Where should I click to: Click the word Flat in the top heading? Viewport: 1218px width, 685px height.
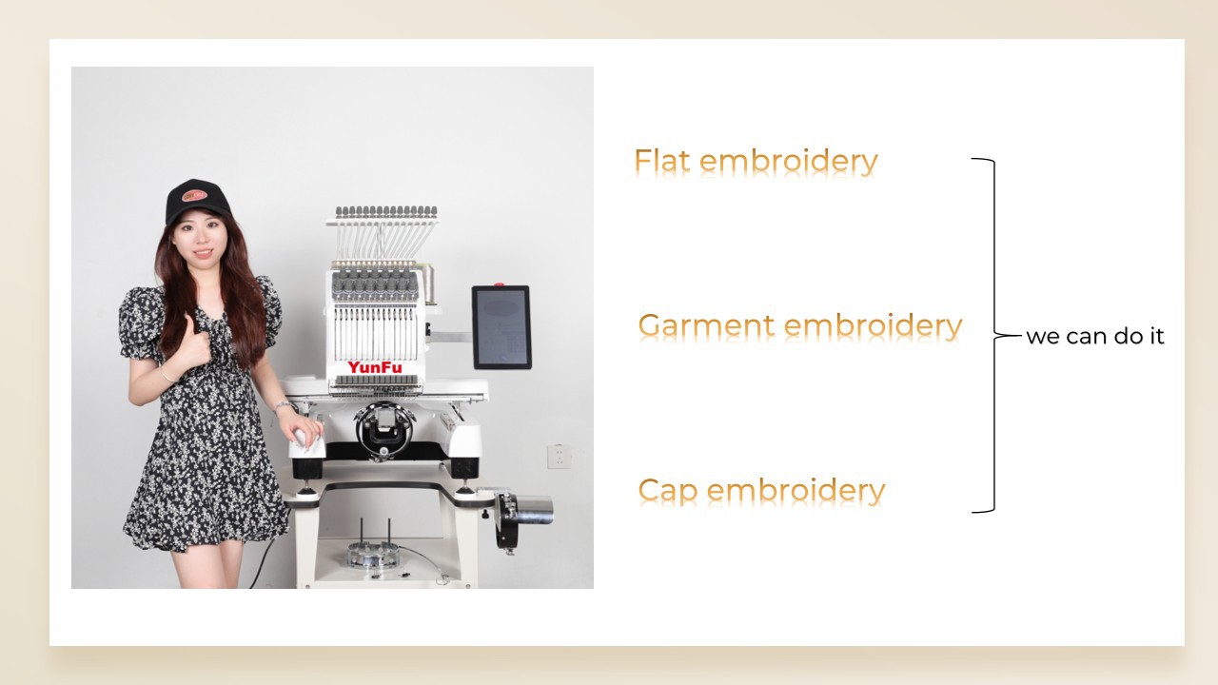coord(662,161)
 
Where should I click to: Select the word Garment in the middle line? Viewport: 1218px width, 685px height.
coord(706,325)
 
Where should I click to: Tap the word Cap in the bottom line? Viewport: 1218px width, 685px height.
coord(668,491)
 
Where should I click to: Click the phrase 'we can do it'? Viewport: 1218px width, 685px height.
coord(1095,336)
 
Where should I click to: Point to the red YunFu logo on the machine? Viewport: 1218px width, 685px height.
coord(375,367)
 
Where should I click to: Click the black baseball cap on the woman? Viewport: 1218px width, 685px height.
coord(197,200)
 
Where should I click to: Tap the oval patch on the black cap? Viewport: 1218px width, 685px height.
coord(194,195)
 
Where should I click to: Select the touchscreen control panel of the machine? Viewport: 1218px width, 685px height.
coord(501,326)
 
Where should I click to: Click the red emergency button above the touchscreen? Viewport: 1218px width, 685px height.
coord(499,284)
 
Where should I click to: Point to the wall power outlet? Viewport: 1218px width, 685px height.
coord(559,456)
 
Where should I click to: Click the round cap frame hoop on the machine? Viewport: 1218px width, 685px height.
coord(384,429)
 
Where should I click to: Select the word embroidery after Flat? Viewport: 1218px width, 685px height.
coord(789,162)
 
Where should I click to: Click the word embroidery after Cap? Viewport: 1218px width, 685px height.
coord(796,491)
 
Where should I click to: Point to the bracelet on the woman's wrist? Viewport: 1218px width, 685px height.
coord(284,405)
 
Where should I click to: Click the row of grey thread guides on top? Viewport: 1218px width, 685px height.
coord(386,211)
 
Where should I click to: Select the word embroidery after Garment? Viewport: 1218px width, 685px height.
coord(874,325)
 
